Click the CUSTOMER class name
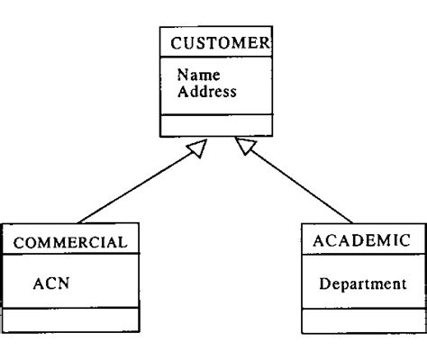tap(215, 43)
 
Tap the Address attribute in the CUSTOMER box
tap(206, 91)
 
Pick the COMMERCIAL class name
tap(71, 240)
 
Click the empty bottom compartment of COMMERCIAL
tap(71, 319)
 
